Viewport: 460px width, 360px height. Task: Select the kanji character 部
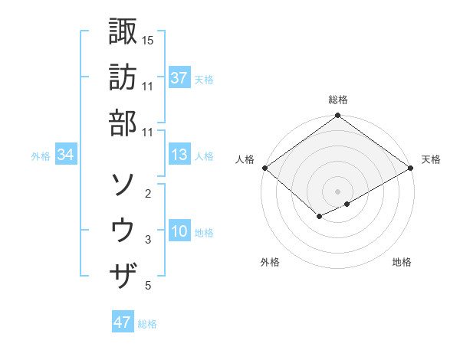[x=123, y=123]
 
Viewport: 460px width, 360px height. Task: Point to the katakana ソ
[x=123, y=184]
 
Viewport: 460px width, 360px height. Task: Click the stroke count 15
[x=148, y=40]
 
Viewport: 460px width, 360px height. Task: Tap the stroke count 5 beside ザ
[x=148, y=286]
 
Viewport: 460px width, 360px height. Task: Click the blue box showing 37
[x=179, y=78]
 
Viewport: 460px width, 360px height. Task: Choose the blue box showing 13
[x=179, y=155]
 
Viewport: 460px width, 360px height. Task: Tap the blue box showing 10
[x=179, y=231]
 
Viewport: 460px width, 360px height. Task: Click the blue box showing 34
[x=65, y=155]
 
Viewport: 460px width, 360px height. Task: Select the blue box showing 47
[x=122, y=322]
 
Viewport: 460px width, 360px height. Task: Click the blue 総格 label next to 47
[x=147, y=324]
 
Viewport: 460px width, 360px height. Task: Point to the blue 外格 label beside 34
[x=41, y=156]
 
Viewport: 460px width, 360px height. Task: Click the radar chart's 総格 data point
[x=337, y=116]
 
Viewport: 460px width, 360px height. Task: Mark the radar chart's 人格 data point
[x=264, y=168]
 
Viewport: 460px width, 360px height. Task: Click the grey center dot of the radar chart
[x=337, y=191]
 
